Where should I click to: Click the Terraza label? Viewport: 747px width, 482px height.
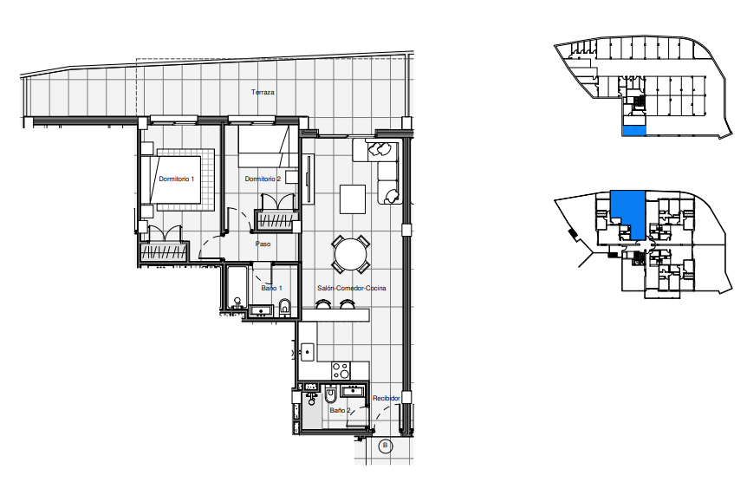263,92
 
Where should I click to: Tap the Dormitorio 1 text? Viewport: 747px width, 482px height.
176,179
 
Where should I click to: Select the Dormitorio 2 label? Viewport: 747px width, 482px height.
263,179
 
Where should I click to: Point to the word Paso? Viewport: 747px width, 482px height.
263,244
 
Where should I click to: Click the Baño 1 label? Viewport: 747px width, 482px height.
271,288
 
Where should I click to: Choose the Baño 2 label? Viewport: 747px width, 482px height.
341,410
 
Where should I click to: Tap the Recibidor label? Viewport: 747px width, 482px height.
386,398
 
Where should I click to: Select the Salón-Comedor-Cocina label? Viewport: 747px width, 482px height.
352,288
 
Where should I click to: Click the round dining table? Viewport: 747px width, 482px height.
351,254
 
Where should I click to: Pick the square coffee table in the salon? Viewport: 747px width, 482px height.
353,199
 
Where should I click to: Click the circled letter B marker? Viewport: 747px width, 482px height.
385,446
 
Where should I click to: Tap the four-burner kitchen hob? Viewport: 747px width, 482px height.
341,370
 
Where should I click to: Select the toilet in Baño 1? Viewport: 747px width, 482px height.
284,307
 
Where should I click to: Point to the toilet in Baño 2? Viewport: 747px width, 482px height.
331,394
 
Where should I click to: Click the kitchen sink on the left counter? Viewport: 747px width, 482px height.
308,352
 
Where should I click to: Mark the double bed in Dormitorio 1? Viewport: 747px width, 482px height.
178,179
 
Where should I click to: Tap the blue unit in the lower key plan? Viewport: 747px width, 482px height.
629,212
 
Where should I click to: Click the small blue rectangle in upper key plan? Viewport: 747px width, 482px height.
634,130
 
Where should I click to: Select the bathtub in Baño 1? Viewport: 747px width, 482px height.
237,288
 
